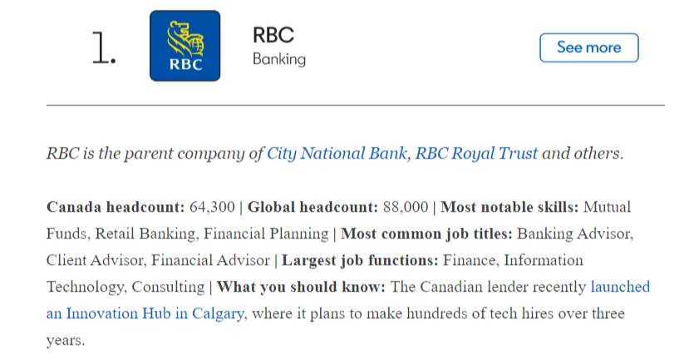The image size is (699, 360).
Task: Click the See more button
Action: tap(589, 47)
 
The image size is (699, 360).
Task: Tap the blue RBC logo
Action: tap(185, 46)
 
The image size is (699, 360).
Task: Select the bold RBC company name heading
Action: tap(273, 35)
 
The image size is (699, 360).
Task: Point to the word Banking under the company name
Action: tap(279, 59)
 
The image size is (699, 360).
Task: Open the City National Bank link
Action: tap(337, 154)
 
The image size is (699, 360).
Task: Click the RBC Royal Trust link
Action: tap(476, 154)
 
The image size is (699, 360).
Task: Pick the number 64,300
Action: tap(212, 207)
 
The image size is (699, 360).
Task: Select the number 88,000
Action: tap(406, 207)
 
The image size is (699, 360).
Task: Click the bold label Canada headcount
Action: tap(116, 207)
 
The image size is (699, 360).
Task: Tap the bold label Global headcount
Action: tap(313, 207)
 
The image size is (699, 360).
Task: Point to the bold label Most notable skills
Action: tap(509, 207)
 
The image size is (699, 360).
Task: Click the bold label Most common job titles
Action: tap(426, 234)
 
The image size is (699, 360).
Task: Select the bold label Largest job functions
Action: tap(360, 260)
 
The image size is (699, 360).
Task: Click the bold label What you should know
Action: tap(301, 287)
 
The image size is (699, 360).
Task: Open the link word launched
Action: tap(620, 287)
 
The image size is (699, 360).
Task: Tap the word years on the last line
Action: tap(66, 341)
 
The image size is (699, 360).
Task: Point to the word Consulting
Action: tap(168, 287)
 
